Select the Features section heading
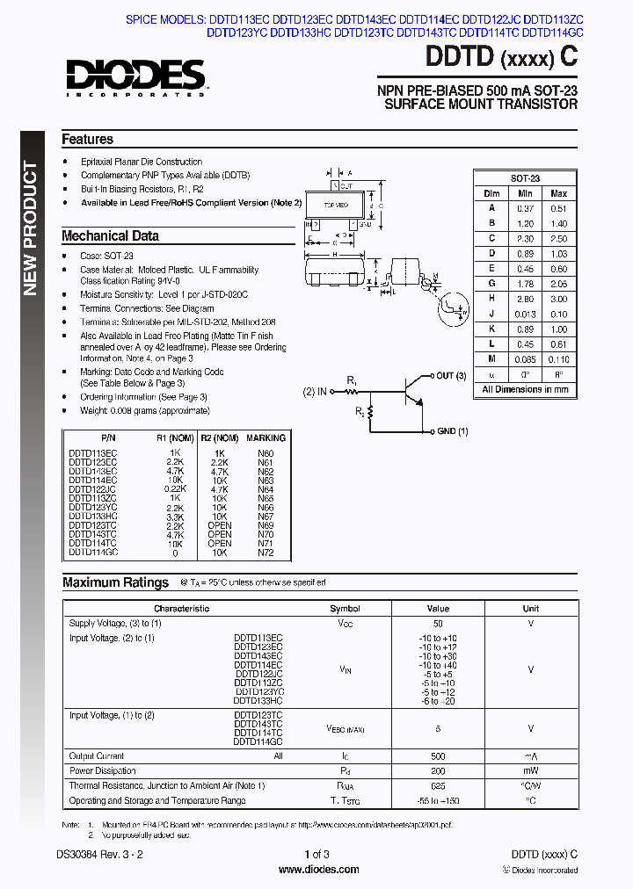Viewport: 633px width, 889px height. point(87,140)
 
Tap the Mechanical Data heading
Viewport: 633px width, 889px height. point(110,236)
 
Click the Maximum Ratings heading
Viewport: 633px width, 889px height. point(115,582)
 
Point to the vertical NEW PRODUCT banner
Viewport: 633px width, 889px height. point(31,228)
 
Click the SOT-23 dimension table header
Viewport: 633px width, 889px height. point(526,177)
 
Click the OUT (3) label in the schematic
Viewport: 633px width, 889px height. point(451,376)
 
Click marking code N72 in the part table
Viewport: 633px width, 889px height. point(266,553)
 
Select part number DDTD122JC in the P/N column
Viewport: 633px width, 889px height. point(92,488)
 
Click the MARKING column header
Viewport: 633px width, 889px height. point(266,437)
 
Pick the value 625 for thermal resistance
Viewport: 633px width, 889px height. point(437,786)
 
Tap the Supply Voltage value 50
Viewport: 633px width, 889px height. point(437,624)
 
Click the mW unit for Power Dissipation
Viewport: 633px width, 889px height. point(531,771)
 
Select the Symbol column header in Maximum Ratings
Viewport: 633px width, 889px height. point(345,609)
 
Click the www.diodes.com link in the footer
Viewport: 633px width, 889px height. point(318,870)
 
